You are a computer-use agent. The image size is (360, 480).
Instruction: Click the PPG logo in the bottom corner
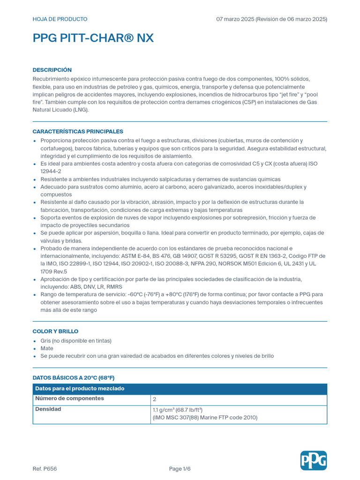[x=314, y=460]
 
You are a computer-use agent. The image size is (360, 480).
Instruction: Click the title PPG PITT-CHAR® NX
[x=93, y=38]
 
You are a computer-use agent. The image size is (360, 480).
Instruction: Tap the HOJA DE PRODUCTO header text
[x=60, y=19]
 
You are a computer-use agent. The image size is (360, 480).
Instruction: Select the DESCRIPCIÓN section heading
[x=52, y=70]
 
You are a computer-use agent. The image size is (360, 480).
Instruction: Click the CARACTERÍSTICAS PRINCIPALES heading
[x=78, y=132]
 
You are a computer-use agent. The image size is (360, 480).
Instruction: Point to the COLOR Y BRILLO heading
[x=55, y=331]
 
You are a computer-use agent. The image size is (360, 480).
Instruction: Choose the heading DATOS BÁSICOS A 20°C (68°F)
[x=74, y=377]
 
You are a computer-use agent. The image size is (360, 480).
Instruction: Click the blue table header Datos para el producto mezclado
[x=80, y=389]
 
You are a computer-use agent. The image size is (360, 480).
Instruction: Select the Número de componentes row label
[x=69, y=398]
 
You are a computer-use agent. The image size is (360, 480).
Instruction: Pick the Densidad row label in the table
[x=48, y=409]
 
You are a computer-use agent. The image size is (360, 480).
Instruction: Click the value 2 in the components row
[x=155, y=399]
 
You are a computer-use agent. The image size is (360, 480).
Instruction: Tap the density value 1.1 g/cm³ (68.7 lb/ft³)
[x=178, y=410]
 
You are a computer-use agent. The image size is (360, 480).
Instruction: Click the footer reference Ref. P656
[x=45, y=469]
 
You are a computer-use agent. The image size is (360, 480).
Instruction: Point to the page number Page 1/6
[x=180, y=469]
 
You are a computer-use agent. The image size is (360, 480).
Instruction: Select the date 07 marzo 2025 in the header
[x=235, y=19]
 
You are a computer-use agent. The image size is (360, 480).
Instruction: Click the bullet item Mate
[x=47, y=348]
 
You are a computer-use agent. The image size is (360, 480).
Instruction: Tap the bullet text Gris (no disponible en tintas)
[x=76, y=341]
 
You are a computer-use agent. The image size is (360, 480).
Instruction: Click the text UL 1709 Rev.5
[x=53, y=271]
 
